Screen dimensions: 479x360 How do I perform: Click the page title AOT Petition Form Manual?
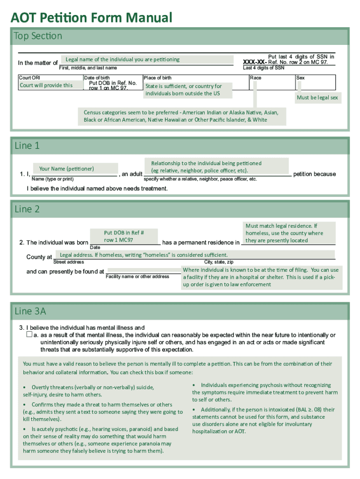pyautogui.click(x=92, y=18)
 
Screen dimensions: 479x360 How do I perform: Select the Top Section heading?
pyautogui.click(x=38, y=36)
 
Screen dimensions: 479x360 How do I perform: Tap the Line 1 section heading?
pyautogui.click(x=27, y=145)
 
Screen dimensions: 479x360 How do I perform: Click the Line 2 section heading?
pyautogui.click(x=27, y=209)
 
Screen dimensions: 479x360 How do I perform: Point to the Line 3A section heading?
pyautogui.click(x=30, y=311)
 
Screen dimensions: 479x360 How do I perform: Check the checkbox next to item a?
pyautogui.click(x=29, y=335)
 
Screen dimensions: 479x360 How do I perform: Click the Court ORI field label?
pyautogui.click(x=29, y=78)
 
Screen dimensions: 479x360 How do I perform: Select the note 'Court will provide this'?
pyautogui.click(x=46, y=85)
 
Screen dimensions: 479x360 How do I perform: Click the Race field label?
pyautogui.click(x=256, y=78)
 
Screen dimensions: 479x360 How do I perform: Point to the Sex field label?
pyautogui.click(x=301, y=78)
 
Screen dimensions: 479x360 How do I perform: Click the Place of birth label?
pyautogui.click(x=158, y=78)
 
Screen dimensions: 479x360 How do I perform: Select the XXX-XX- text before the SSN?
pyautogui.click(x=255, y=62)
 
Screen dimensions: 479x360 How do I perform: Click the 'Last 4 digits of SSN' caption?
pyautogui.click(x=264, y=68)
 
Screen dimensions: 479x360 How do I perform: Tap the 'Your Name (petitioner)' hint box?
pyautogui.click(x=67, y=168)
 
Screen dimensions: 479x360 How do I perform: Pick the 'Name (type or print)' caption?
pyautogui.click(x=52, y=179)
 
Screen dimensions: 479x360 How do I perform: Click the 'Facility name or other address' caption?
pyautogui.click(x=137, y=276)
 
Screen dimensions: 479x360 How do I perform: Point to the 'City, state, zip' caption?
pyautogui.click(x=219, y=262)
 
